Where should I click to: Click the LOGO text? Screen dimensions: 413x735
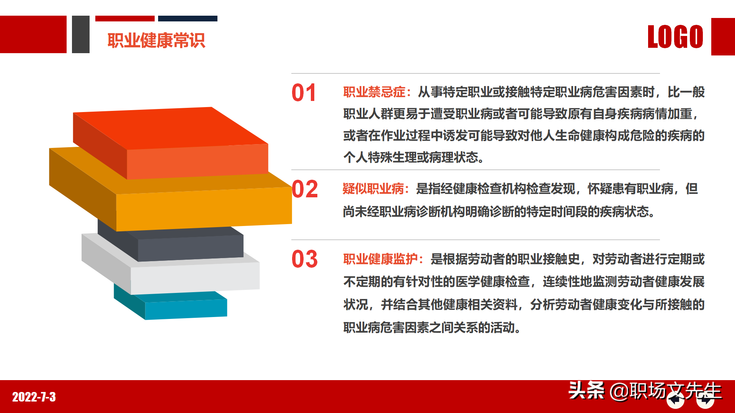pos(675,37)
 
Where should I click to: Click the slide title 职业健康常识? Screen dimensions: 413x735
pos(156,41)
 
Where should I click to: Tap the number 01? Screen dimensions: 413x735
pos(304,93)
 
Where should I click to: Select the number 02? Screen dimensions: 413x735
pos(305,189)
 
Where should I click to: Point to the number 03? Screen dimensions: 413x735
pos(305,259)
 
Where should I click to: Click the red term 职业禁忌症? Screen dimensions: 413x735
pos(374,92)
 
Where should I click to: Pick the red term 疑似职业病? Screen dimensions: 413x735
pos(373,189)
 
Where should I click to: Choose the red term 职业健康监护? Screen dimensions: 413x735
pos(380,259)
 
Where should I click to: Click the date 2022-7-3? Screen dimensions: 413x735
pos(34,397)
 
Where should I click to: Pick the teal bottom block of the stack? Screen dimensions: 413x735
pos(186,309)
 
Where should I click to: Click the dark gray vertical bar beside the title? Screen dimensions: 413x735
pos(81,34)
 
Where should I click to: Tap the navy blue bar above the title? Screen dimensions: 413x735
pos(188,18)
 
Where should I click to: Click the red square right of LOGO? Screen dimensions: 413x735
pos(723,37)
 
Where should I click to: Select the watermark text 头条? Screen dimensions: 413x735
pos(586,390)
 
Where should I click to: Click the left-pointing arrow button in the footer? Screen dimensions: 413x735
pos(675,400)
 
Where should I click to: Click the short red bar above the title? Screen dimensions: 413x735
pos(125,18)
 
